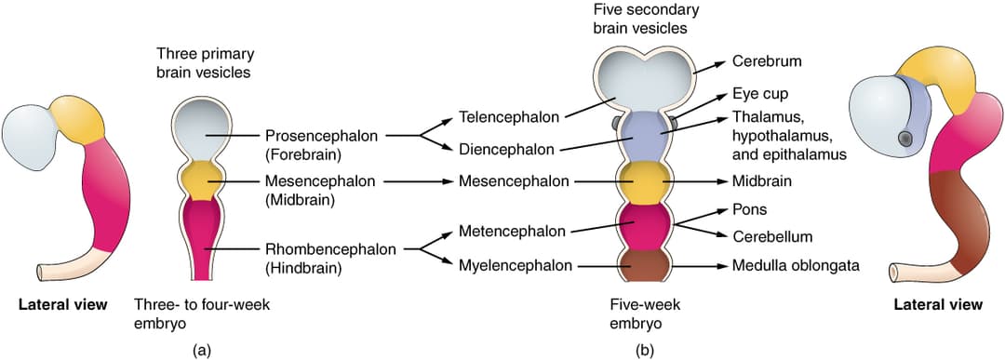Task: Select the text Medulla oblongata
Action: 795,266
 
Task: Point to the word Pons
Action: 750,209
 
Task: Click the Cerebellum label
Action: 772,237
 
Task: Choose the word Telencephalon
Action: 509,117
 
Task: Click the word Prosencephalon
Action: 322,135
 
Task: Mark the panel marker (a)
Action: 201,350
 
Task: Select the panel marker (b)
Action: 644,350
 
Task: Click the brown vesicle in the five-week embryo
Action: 644,265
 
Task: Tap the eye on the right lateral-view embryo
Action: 904,139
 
